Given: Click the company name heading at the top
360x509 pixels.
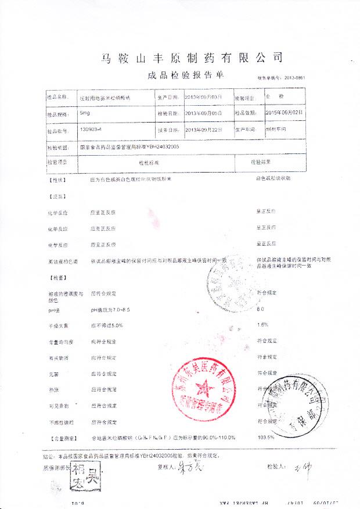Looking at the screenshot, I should tap(192, 58).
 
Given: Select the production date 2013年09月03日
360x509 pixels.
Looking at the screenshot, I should tap(203, 97).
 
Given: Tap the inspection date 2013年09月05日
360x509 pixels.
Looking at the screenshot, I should tap(203, 114).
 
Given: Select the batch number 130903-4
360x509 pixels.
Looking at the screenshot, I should tap(90, 131).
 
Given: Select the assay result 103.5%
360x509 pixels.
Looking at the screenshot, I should tap(265, 436).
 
